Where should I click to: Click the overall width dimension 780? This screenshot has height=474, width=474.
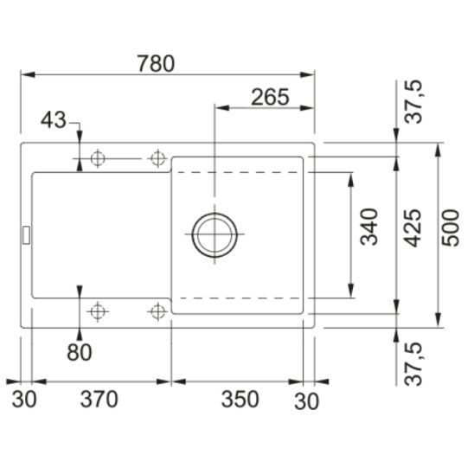(x=156, y=64)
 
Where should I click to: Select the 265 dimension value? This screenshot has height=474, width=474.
(x=270, y=98)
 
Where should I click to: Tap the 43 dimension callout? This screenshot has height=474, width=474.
(x=54, y=120)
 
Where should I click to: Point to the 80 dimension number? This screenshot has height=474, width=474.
(x=80, y=353)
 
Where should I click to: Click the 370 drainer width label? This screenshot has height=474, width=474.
(x=99, y=399)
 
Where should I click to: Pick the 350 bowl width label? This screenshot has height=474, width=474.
(x=240, y=399)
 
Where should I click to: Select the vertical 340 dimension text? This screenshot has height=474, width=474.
(x=369, y=227)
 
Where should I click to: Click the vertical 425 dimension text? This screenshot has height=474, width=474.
(x=413, y=228)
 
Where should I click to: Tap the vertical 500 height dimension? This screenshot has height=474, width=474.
(x=451, y=228)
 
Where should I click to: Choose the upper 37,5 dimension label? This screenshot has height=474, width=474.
(x=413, y=101)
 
